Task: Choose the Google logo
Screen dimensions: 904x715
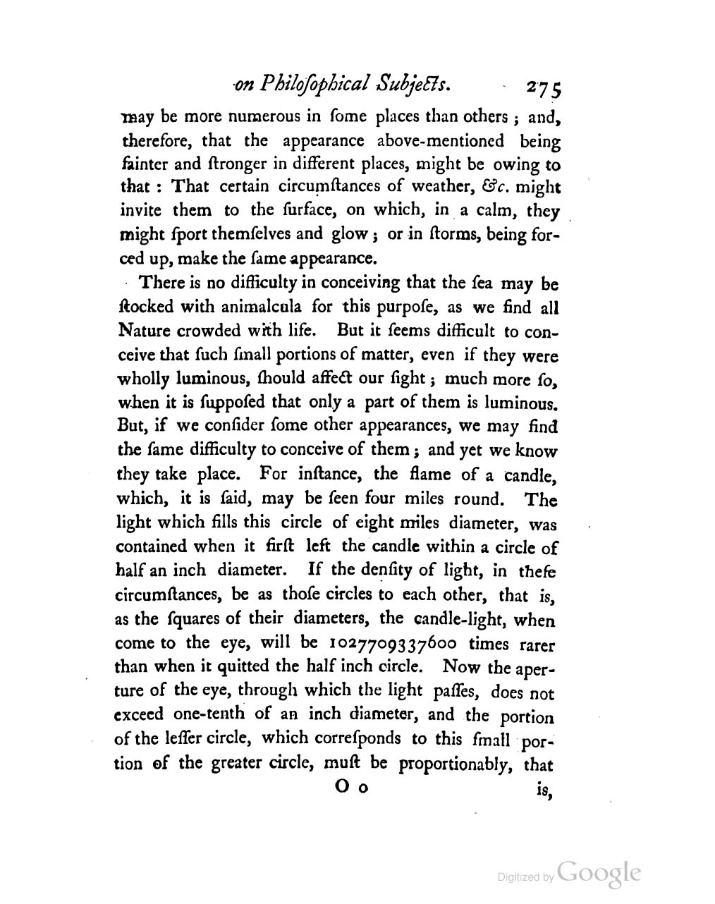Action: (599, 872)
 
